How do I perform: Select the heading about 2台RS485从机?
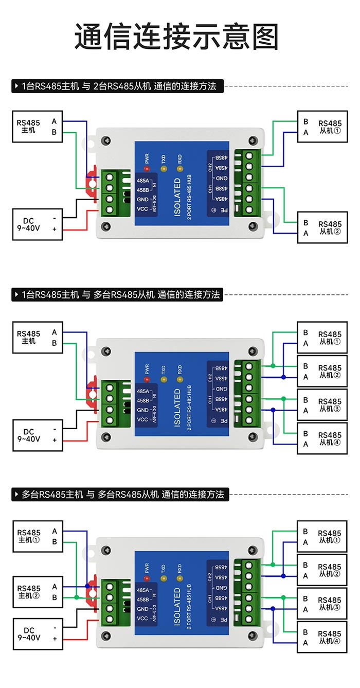point(118,86)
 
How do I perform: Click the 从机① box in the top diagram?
point(322,127)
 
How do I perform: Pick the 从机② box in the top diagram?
point(322,228)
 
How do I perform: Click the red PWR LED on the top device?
point(147,169)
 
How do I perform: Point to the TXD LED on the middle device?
point(164,379)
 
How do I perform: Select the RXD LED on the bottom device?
point(179,578)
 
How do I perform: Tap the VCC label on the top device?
point(142,209)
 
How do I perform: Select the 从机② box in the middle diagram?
point(322,371)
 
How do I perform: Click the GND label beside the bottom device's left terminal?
point(142,609)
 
